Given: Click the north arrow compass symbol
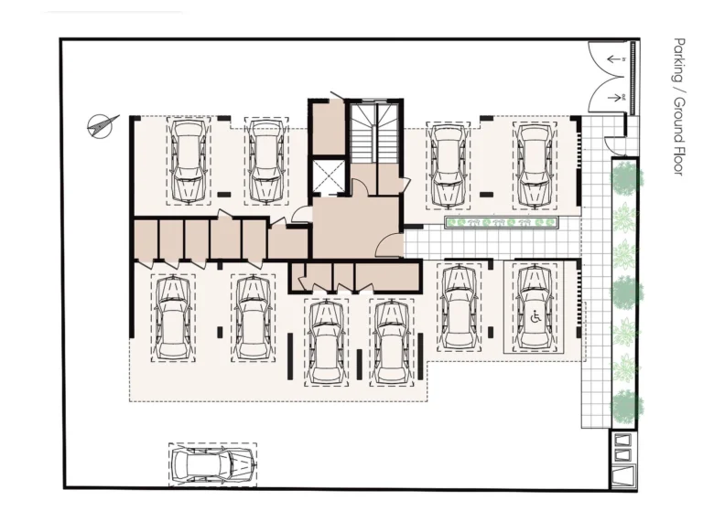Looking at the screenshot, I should pyautogui.click(x=102, y=124).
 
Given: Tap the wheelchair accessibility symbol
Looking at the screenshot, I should pyautogui.click(x=535, y=318).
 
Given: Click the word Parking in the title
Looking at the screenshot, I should pyautogui.click(x=678, y=58).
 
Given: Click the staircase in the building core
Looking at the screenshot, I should pyautogui.click(x=375, y=133).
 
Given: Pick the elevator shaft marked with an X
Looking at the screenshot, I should pyautogui.click(x=328, y=176).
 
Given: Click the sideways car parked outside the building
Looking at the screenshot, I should pyautogui.click(x=212, y=464).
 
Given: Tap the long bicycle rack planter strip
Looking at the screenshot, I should pyautogui.click(x=501, y=222).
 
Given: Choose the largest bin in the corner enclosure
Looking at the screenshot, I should pyautogui.click(x=624, y=475).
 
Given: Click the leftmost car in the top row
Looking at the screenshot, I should pyautogui.click(x=188, y=161).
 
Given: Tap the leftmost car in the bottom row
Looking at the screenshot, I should pyautogui.click(x=171, y=317).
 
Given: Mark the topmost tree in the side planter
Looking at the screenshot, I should pyautogui.click(x=624, y=177).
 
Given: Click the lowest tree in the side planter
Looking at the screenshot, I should pyautogui.click(x=624, y=403).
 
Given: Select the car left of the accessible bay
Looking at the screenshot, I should pyautogui.click(x=458, y=307).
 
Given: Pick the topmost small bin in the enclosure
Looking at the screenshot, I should pyautogui.click(x=623, y=438).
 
